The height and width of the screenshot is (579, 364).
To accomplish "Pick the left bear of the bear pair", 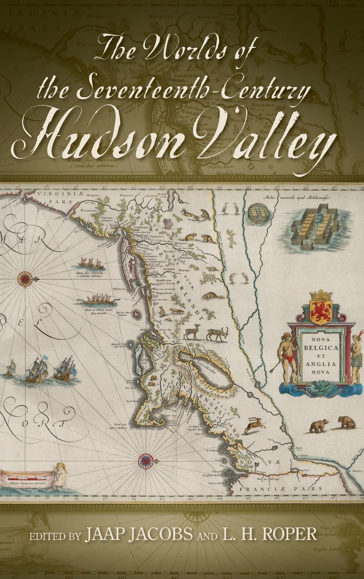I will pos(319,425).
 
